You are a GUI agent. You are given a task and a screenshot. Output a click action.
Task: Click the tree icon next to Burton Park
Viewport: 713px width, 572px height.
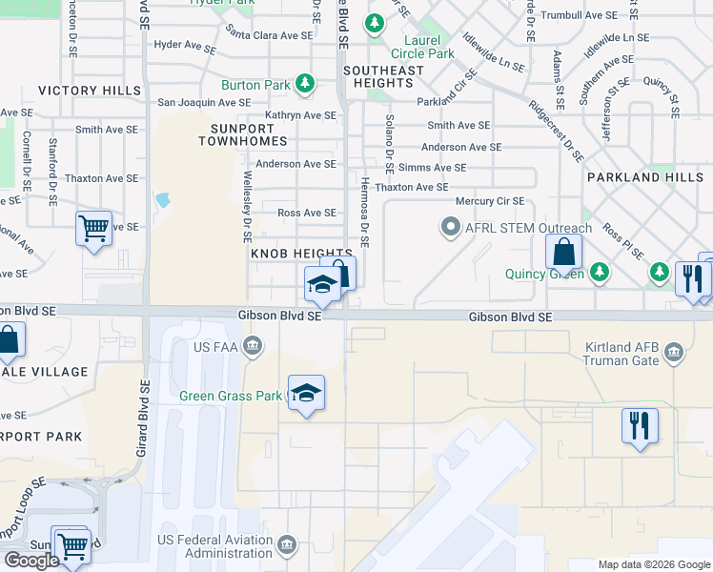pyautogui.click(x=305, y=85)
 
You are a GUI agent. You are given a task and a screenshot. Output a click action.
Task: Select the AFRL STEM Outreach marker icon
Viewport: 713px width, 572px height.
pyautogui.click(x=449, y=228)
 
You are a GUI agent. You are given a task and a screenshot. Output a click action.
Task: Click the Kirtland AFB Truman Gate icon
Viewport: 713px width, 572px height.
pyautogui.click(x=675, y=355)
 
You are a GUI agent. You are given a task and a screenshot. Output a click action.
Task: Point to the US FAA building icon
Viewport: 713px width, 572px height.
pyautogui.click(x=253, y=344)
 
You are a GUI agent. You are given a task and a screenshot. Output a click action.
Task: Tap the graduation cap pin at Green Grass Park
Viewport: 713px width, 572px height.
pyautogui.click(x=306, y=394)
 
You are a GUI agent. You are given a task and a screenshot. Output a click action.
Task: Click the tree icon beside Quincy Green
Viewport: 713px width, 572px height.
pyautogui.click(x=600, y=274)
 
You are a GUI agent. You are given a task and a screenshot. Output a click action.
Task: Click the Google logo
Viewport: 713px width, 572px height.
pyautogui.click(x=32, y=561)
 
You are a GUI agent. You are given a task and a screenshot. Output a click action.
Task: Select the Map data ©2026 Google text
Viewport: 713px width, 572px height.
pyautogui.click(x=653, y=564)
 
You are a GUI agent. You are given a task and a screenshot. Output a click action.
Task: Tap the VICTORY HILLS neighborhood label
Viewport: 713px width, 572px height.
pyautogui.click(x=90, y=91)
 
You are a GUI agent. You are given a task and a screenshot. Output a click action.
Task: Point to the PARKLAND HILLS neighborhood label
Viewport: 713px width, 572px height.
pyautogui.click(x=645, y=177)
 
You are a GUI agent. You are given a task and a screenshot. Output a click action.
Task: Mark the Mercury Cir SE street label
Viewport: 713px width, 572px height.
pyautogui.click(x=489, y=201)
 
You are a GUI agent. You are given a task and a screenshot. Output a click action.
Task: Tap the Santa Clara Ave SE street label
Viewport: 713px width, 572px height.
pyautogui.click(x=269, y=35)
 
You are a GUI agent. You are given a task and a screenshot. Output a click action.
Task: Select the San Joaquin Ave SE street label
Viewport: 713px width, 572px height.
pyautogui.click(x=204, y=101)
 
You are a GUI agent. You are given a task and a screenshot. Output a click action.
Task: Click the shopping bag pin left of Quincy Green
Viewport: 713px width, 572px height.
pyautogui.click(x=564, y=253)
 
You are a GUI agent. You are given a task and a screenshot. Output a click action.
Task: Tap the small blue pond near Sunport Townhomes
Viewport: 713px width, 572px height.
pyautogui.click(x=162, y=201)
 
